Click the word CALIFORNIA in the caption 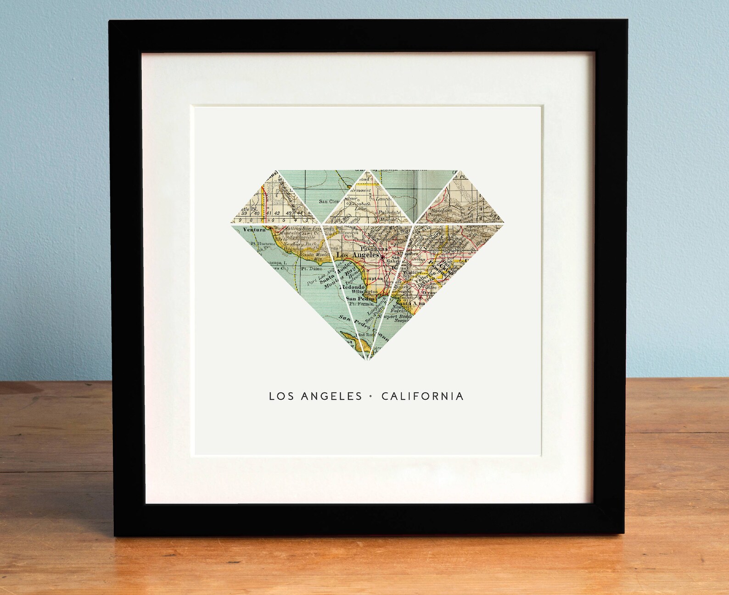coord(422,396)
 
